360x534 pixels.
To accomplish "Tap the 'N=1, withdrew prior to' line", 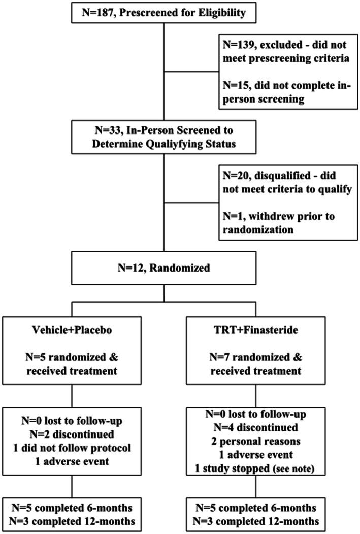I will (271, 217).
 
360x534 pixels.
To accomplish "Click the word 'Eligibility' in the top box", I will (223, 12).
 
